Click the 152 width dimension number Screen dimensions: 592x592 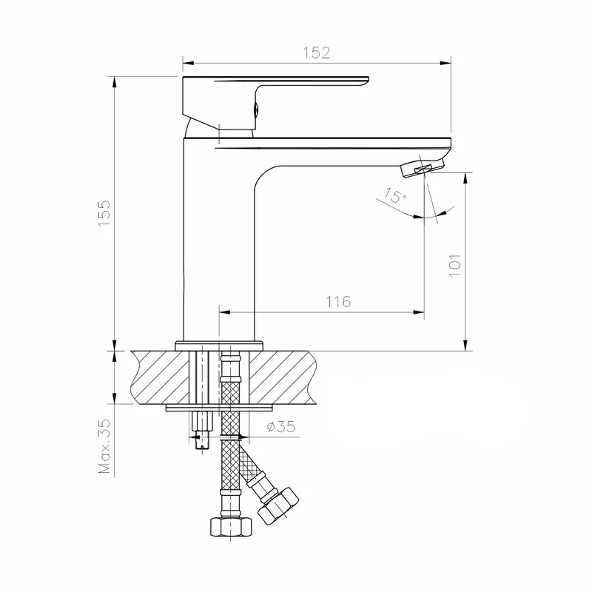pos(317,53)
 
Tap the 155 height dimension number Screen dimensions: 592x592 pos(104,213)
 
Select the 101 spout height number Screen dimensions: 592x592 pos(455,266)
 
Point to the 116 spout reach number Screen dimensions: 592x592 pos(338,302)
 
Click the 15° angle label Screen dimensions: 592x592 pos(395,195)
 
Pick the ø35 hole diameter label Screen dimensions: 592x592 pos(281,427)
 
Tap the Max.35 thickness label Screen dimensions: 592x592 pos(104,446)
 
